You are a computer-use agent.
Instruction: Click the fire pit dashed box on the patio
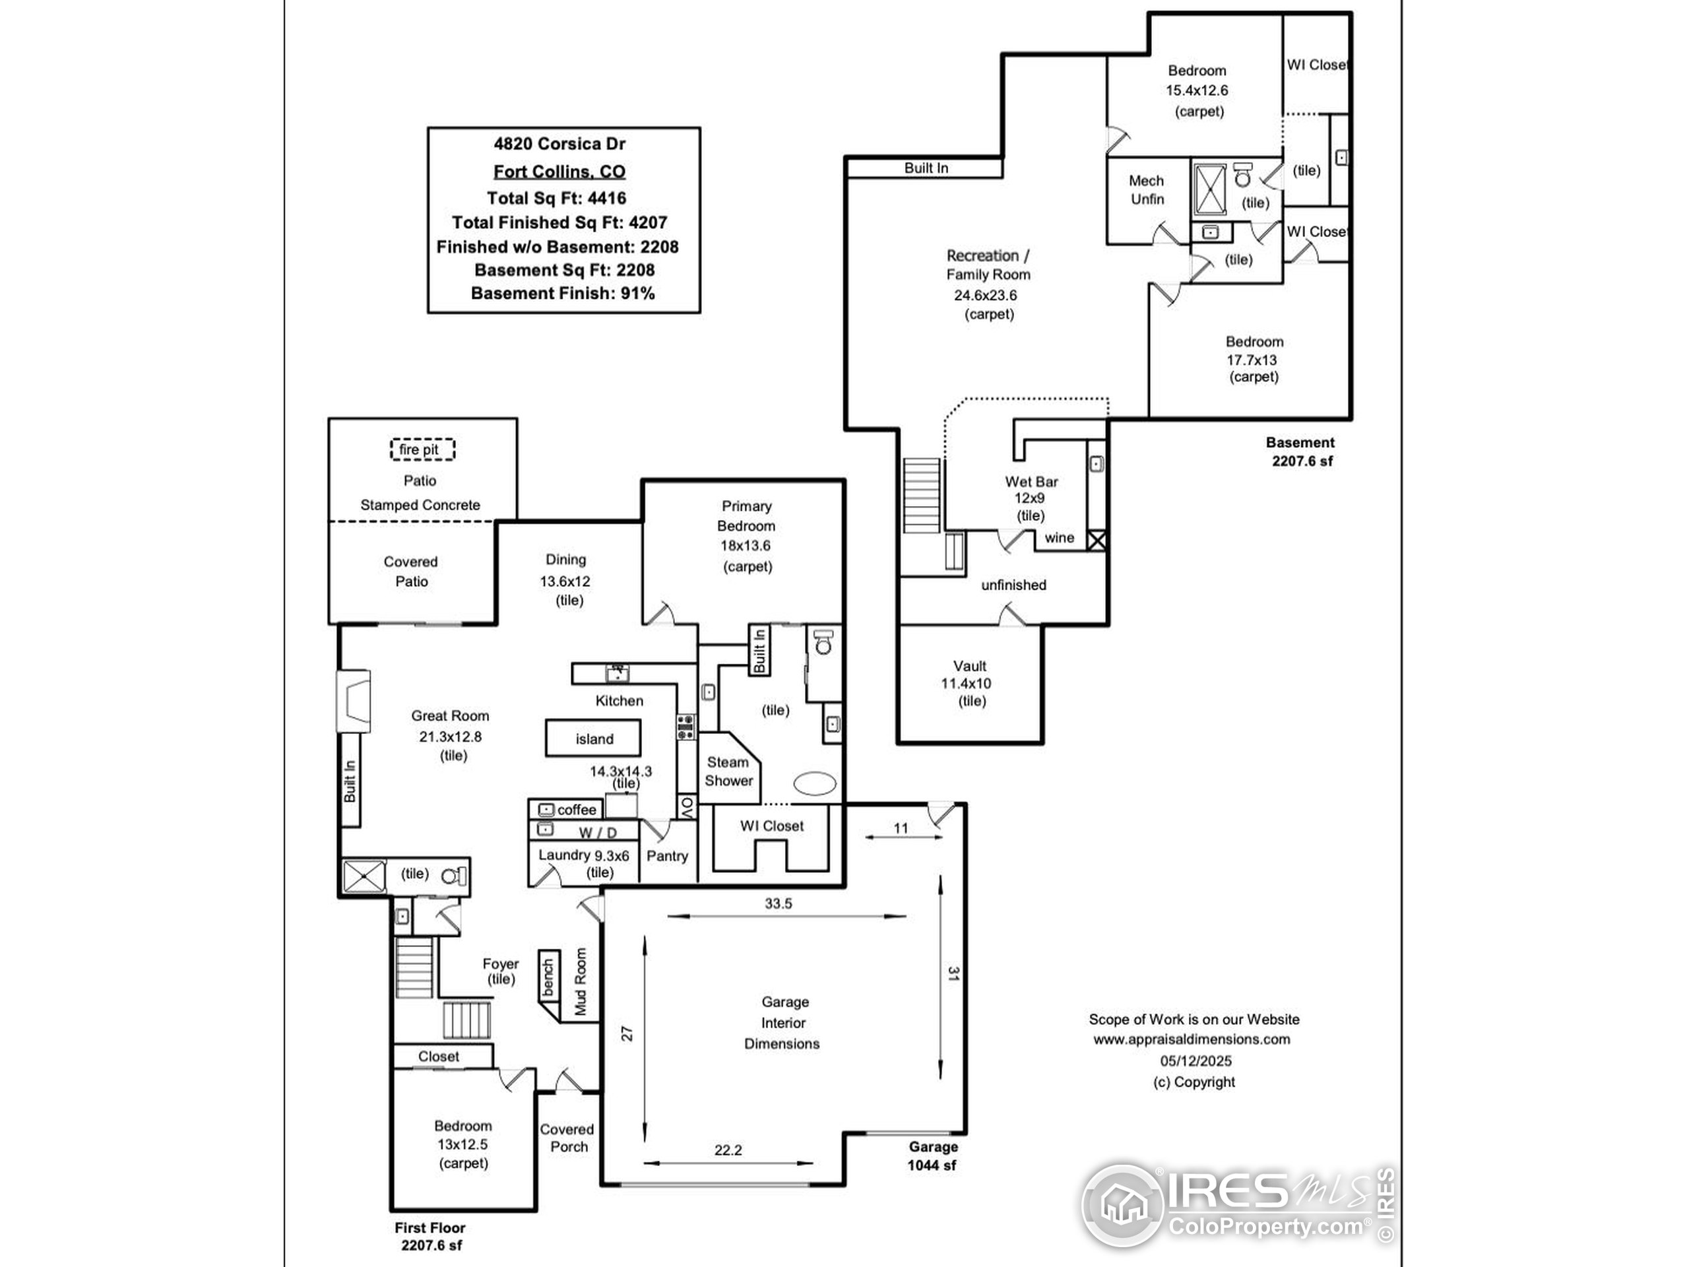422,450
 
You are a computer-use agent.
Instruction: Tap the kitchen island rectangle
593,738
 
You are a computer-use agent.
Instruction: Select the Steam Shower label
728,771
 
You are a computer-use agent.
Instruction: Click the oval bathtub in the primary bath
815,783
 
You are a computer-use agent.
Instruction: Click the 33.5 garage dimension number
778,903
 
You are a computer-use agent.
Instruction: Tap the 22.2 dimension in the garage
728,1150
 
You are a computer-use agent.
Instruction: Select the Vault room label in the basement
970,666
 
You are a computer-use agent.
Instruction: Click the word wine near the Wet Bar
1059,538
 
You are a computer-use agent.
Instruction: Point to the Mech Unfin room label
1147,190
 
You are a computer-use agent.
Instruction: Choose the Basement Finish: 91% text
563,293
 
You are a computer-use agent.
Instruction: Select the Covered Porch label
567,1138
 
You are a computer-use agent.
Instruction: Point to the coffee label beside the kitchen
577,810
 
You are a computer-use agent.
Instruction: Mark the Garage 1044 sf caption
932,1155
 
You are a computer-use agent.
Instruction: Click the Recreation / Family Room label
988,265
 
